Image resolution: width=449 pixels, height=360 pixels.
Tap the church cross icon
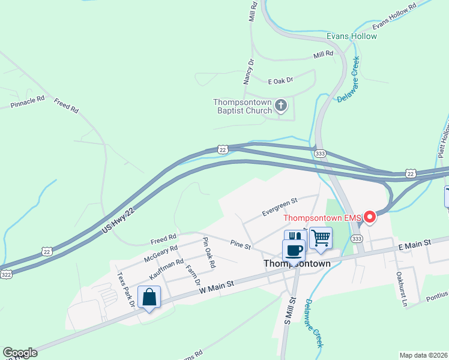(x=280, y=107)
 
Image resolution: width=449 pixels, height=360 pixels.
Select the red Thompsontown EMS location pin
(x=370, y=217)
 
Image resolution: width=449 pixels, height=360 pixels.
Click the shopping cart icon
(x=321, y=238)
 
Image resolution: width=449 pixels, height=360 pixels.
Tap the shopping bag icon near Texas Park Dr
(x=149, y=297)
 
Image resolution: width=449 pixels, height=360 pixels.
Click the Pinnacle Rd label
(x=28, y=101)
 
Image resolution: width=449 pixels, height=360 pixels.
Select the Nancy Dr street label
(x=248, y=71)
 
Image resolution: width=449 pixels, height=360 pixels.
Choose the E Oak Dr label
(x=280, y=80)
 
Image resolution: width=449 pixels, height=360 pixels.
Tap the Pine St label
(x=240, y=245)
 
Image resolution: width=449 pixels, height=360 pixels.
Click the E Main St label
(x=415, y=244)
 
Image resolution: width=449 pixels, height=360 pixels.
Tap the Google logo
(x=20, y=353)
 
